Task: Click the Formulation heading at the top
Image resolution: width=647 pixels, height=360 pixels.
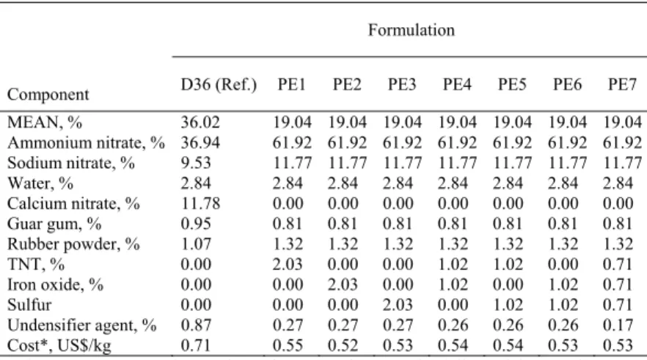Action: click(x=412, y=30)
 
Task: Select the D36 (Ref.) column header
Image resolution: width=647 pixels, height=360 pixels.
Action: click(x=219, y=85)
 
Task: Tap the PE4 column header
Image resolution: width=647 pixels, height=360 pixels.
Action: click(x=457, y=84)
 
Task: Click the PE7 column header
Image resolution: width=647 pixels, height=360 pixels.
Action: click(x=622, y=84)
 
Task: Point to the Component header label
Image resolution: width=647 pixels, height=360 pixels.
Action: click(x=48, y=95)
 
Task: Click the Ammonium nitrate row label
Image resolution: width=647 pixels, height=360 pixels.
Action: click(x=86, y=143)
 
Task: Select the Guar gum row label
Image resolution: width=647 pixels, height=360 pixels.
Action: click(x=54, y=224)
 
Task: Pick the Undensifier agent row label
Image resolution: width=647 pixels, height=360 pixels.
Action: click(x=81, y=326)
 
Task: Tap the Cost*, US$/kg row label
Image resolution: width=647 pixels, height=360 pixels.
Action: click(x=59, y=345)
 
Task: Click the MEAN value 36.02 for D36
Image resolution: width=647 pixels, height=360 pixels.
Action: click(x=200, y=122)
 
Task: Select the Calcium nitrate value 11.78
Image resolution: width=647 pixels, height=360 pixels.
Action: click(x=200, y=204)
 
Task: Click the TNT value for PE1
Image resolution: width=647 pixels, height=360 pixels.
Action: click(x=288, y=265)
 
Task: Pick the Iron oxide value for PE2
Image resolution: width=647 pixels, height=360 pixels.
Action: click(x=343, y=284)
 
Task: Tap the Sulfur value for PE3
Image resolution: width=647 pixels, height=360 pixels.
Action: click(x=398, y=305)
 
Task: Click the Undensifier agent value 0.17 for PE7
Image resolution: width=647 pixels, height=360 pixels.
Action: click(x=618, y=326)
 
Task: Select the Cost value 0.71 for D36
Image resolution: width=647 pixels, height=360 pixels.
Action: click(x=196, y=345)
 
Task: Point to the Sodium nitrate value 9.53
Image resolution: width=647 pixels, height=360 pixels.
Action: click(x=196, y=163)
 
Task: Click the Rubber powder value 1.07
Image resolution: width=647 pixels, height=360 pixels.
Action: click(x=196, y=244)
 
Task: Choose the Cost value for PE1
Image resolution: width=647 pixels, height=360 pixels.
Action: click(x=288, y=345)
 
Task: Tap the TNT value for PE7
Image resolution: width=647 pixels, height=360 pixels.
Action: click(x=618, y=265)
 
